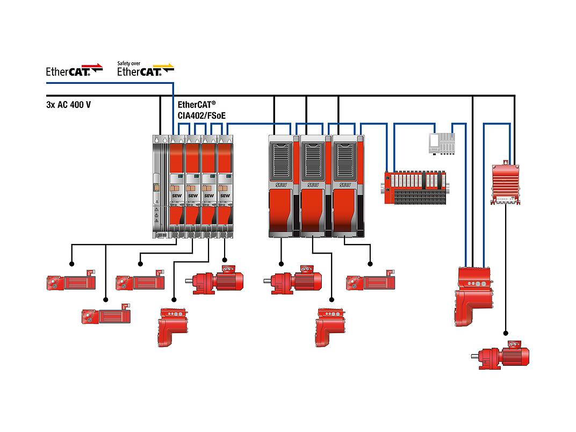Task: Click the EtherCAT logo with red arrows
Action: coord(74,70)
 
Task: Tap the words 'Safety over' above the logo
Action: coord(129,63)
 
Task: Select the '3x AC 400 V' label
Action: coord(69,105)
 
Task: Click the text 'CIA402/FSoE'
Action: coord(201,115)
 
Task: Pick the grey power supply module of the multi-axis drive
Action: coord(160,185)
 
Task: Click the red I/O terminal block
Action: coord(416,186)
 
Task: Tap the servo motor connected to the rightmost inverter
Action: coord(371,282)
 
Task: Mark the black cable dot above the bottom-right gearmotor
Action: coord(505,332)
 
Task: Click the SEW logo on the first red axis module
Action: coord(177,196)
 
